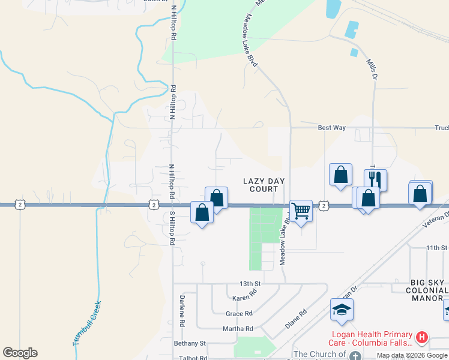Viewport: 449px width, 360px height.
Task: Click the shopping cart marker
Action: pos(301,211)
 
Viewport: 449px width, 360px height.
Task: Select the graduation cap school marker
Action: pos(342,310)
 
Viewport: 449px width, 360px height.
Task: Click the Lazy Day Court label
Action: pos(264,185)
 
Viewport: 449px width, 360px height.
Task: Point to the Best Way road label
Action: pos(331,128)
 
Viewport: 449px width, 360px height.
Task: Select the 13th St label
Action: pos(251,283)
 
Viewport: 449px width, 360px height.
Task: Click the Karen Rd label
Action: pos(244,298)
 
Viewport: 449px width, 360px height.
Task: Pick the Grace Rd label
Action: pos(239,314)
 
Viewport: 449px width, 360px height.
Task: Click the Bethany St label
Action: pos(190,343)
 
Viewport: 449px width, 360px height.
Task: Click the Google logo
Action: pos(20,353)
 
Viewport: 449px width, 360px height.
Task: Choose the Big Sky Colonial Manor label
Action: pos(427,290)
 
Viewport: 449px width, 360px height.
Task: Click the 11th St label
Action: pos(436,248)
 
